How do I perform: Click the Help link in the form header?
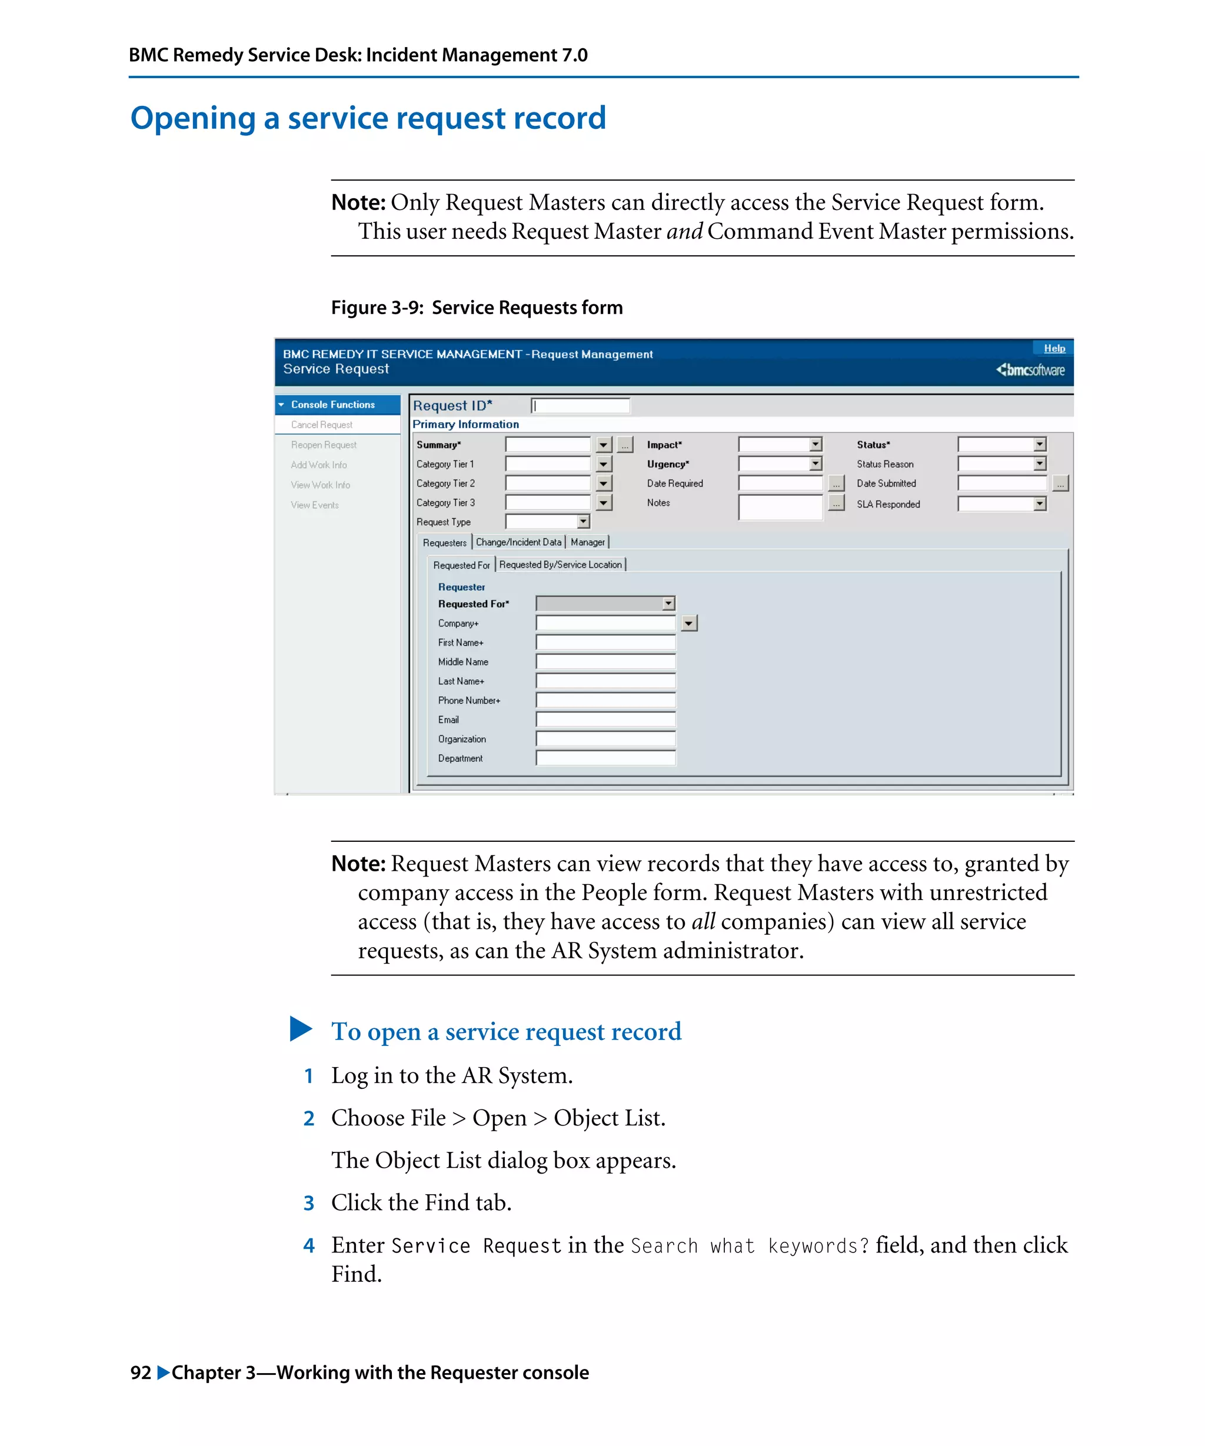[x=1054, y=348]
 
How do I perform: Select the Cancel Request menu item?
[x=322, y=425]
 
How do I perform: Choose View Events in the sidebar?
[x=315, y=505]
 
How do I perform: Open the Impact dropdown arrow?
[x=815, y=445]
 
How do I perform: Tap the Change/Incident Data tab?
[x=518, y=542]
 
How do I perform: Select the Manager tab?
[x=587, y=542]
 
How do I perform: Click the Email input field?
[x=605, y=719]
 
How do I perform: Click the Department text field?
[x=605, y=758]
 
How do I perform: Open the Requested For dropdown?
[x=668, y=604]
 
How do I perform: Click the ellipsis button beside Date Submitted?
[x=1060, y=484]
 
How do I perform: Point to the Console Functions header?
[x=332, y=405]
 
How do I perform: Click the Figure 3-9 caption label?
[x=477, y=307]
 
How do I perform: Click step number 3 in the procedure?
[x=308, y=1203]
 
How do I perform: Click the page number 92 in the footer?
[x=141, y=1372]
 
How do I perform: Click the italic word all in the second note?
[x=703, y=921]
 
